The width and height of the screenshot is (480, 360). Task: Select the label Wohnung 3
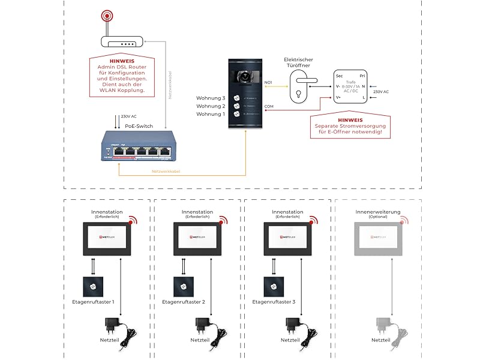coord(211,98)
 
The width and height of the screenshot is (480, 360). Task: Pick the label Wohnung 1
coord(211,114)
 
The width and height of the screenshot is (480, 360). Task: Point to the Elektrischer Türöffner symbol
coord(300,87)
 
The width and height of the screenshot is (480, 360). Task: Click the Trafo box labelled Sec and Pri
coord(350,87)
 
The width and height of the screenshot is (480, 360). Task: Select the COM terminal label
coord(269,107)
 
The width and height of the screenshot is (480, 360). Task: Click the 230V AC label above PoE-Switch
coord(129,116)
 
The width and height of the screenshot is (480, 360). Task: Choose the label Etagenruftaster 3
coord(274,302)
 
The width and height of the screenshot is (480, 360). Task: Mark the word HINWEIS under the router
coord(122,61)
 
